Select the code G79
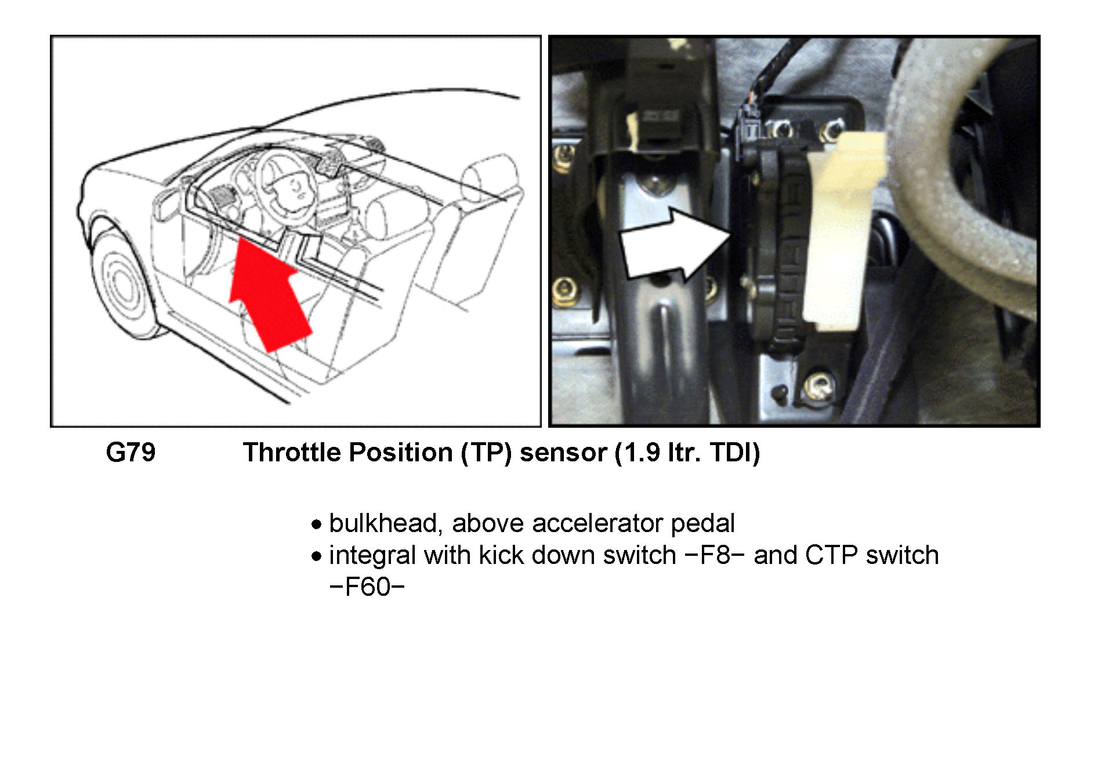pos(131,452)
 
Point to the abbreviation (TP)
pos(486,452)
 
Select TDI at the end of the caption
pos(734,452)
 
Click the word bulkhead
pos(382,523)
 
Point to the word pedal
pos(702,523)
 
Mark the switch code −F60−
pos(367,587)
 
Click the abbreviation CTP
pos(831,555)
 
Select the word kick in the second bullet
pos(501,555)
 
